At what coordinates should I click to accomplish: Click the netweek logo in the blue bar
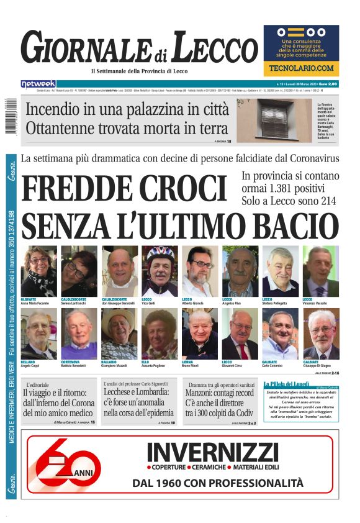coord(38,84)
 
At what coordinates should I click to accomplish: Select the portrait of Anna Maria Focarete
coord(38,271)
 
